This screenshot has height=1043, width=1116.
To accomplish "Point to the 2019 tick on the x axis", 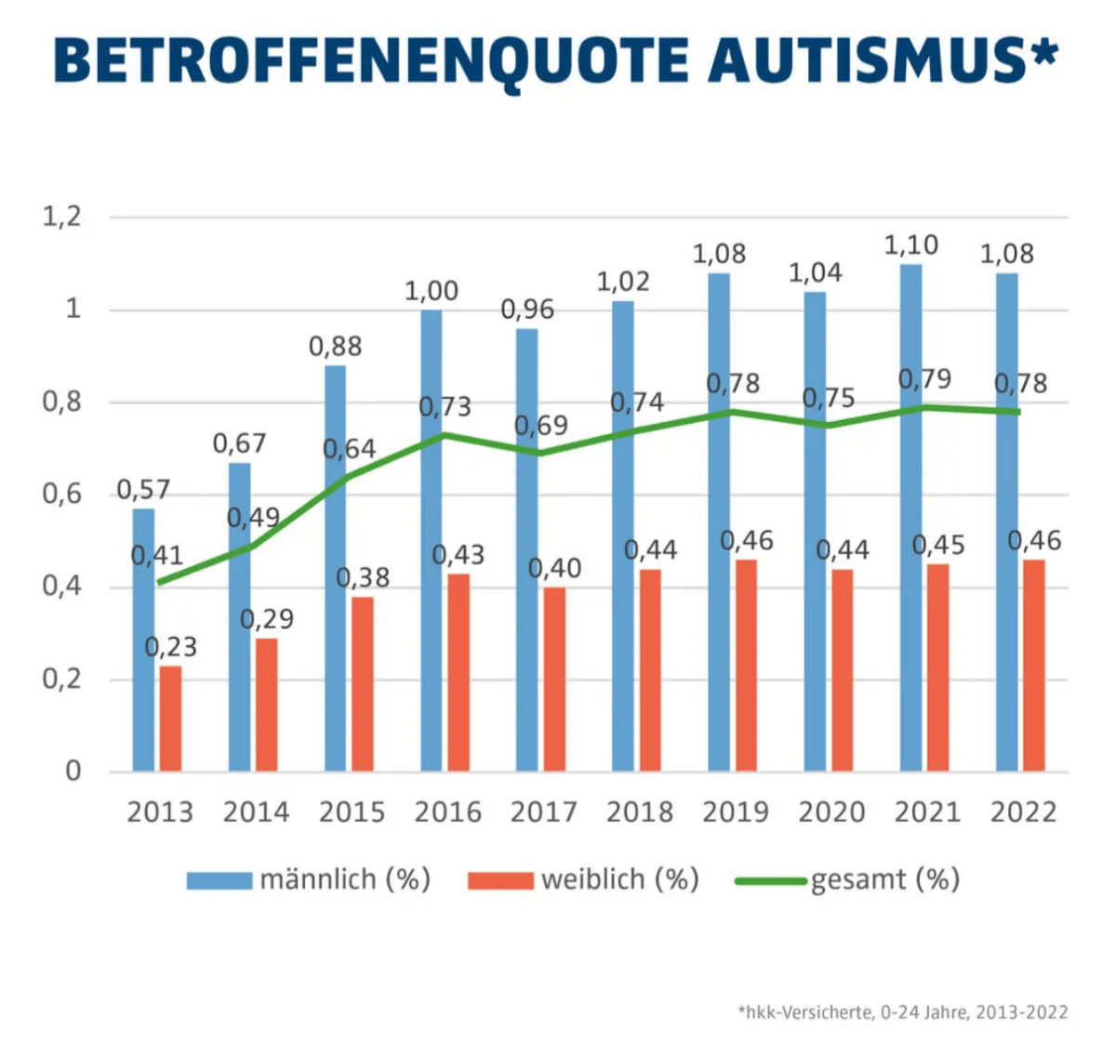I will [x=736, y=812].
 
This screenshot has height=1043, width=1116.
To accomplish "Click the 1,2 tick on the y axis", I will [x=62, y=218].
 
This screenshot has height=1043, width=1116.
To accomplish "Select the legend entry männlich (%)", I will [x=309, y=879].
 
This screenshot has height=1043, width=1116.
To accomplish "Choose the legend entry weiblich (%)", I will [x=584, y=879].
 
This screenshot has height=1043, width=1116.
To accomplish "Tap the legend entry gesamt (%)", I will [x=848, y=879].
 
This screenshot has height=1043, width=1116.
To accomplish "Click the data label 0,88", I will [x=335, y=347].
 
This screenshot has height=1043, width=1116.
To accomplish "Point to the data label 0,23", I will [x=171, y=647].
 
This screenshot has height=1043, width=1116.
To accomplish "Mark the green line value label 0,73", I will [x=445, y=407].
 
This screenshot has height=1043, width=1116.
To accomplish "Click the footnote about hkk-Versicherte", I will [x=902, y=1012].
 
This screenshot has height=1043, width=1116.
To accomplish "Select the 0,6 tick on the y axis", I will [x=62, y=495].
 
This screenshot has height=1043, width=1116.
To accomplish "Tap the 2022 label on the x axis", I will [x=1023, y=812].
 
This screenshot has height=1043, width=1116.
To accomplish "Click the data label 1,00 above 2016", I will [x=431, y=291].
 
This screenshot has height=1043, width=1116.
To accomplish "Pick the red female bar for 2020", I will [x=842, y=670].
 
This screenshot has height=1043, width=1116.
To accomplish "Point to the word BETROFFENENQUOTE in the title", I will [x=372, y=61].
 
